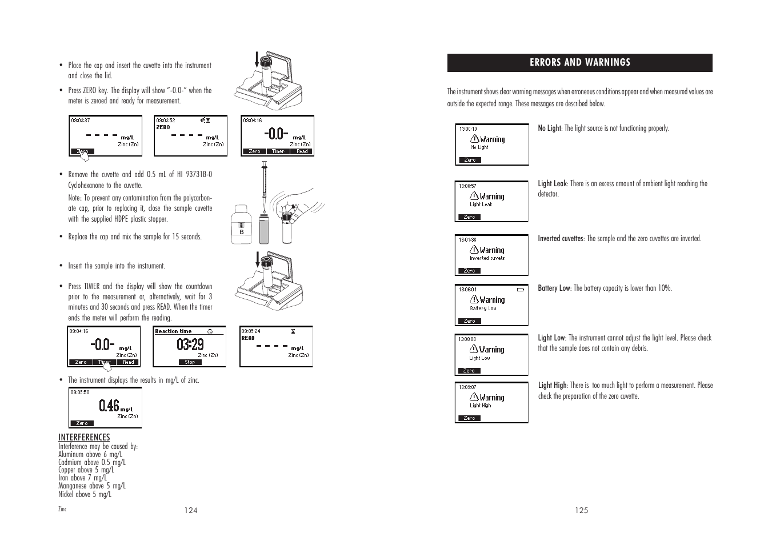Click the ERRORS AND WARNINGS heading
click(x=579, y=63)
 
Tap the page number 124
click(x=191, y=511)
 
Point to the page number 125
click(x=582, y=511)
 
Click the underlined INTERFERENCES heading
click(x=84, y=438)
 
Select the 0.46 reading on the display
click(x=109, y=406)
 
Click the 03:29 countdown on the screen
click(x=190, y=344)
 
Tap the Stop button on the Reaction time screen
click(x=190, y=362)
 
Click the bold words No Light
click(x=549, y=129)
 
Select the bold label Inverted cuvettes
click(x=560, y=239)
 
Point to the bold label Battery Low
click(x=554, y=288)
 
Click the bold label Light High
click(x=552, y=386)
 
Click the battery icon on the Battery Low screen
click(x=520, y=290)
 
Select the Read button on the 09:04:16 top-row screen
click(x=302, y=151)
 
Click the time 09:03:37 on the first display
click(x=81, y=121)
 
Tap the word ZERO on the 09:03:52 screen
click(x=163, y=127)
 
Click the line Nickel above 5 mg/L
click(x=85, y=495)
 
